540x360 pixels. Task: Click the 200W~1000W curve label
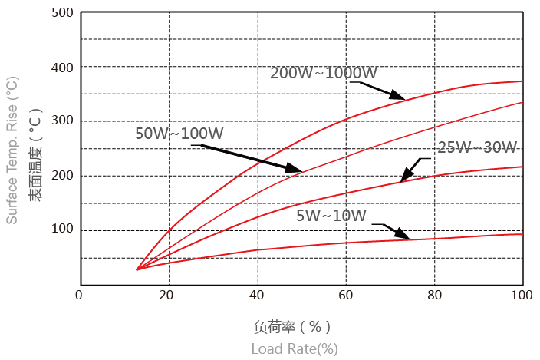pos(324,74)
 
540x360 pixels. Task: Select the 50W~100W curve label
pos(190,134)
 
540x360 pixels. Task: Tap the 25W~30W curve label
pos(477,147)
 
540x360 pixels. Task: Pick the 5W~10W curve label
pos(332,216)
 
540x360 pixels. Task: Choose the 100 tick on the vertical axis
pos(63,230)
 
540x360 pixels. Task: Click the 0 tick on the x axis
pos(79,295)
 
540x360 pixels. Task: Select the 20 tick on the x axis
pos(168,295)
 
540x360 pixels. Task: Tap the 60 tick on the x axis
pos(345,295)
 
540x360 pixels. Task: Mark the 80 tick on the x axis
pos(434,295)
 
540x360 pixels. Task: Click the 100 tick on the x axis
pos(522,295)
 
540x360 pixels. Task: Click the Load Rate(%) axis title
pos(295,348)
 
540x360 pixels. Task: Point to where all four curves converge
pos(137,269)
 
